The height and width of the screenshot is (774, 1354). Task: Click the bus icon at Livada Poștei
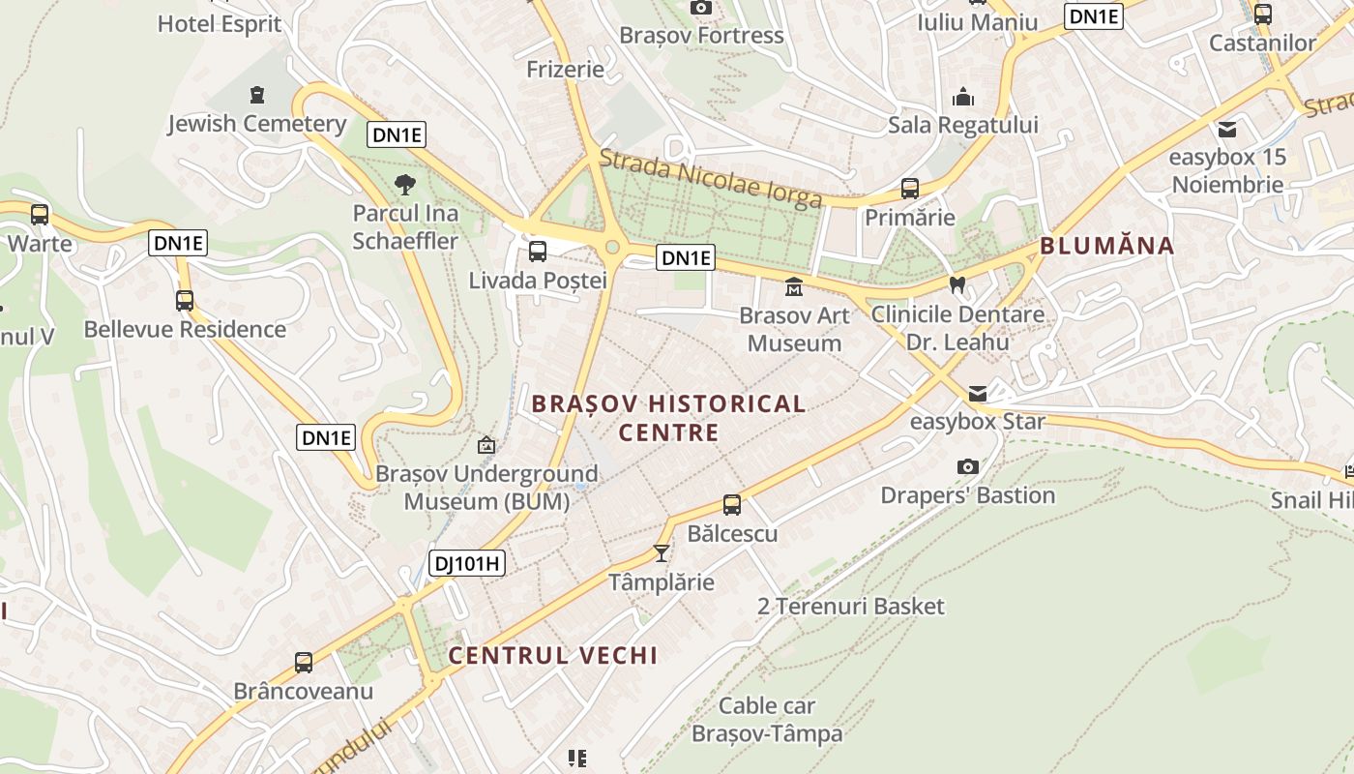(x=538, y=252)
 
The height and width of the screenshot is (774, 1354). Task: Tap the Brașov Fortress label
(x=701, y=36)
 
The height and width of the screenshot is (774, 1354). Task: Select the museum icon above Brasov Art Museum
(x=794, y=287)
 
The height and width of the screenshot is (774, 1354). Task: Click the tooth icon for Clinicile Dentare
(x=957, y=285)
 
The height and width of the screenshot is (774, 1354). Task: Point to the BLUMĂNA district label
(x=1106, y=246)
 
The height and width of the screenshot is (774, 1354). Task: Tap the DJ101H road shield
(x=468, y=563)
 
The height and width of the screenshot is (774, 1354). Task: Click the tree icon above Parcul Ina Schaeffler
(x=405, y=184)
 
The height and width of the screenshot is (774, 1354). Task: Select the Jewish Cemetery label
(x=256, y=124)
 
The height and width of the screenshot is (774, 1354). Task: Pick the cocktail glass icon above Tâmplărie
(x=662, y=552)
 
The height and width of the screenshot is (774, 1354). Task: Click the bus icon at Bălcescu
(x=732, y=505)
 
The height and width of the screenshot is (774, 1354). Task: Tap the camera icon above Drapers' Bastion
(x=967, y=467)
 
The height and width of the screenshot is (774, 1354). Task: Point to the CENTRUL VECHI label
(x=552, y=655)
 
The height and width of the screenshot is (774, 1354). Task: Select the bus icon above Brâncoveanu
(x=304, y=663)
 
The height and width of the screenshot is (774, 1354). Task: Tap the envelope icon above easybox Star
(x=978, y=394)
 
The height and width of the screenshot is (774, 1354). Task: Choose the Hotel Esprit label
(x=220, y=24)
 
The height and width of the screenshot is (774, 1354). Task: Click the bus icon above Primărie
(x=909, y=189)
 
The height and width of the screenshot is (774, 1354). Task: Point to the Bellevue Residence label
(x=185, y=329)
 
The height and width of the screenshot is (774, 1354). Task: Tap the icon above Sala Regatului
(x=963, y=97)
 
